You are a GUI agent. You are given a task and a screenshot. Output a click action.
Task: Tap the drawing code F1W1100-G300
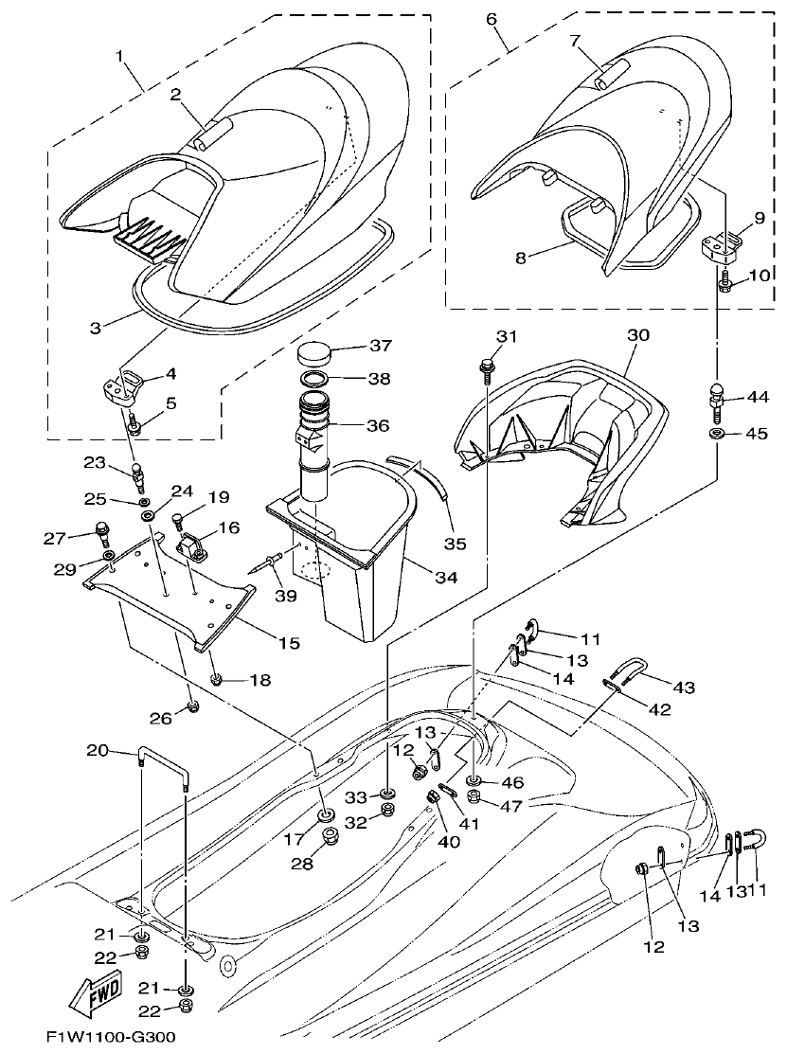coord(109,1039)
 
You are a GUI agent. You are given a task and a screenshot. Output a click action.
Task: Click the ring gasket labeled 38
coord(314,380)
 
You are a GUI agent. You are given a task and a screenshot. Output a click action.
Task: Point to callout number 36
coord(377,425)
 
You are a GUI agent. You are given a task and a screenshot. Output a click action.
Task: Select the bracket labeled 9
coord(720,247)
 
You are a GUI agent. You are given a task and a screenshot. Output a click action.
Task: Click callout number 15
coord(289,643)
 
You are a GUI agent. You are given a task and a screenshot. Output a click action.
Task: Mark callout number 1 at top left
coord(120,55)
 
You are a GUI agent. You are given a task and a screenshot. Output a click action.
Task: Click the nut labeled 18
coord(218,678)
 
